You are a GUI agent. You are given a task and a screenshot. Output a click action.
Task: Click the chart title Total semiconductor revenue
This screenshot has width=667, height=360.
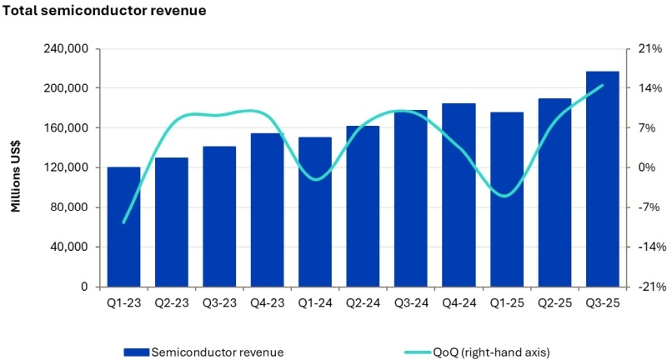[x=103, y=12]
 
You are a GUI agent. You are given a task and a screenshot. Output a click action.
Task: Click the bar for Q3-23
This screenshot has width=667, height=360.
[x=219, y=217]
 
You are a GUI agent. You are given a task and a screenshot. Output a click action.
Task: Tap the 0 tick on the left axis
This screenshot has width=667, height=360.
[x=84, y=287]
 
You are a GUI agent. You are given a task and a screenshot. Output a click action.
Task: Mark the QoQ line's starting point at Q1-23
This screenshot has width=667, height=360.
[x=124, y=222]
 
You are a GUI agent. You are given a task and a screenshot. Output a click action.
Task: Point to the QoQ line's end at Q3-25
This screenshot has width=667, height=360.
[x=602, y=85]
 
